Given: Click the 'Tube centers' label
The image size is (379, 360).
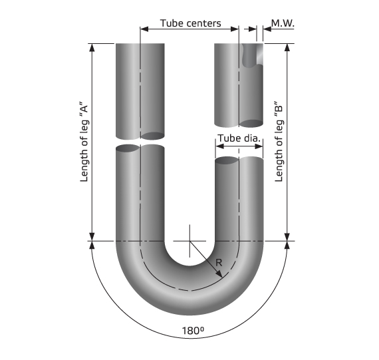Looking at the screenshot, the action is tap(190, 23).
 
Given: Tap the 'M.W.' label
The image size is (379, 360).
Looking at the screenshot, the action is tap(283, 23).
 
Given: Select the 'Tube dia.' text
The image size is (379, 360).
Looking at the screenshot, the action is tap(239, 138).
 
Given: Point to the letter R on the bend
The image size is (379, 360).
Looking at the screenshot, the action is tap(219, 262).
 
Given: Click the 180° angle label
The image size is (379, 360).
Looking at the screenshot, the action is tap(193, 331).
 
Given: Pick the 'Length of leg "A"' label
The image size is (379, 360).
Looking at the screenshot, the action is tap(84, 143).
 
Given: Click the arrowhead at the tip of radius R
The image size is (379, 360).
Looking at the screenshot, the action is tap(219, 274).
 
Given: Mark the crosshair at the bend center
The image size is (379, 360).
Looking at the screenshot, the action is tap(189, 241).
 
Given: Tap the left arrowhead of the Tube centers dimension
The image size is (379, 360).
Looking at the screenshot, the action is tap(144, 29).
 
